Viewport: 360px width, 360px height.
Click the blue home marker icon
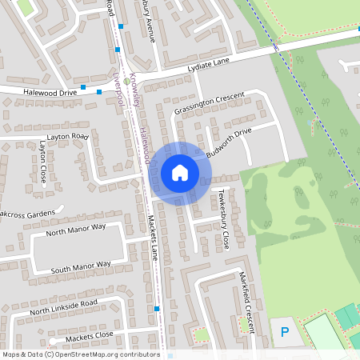click(x=179, y=172)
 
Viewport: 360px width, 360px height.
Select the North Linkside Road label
click(x=63, y=306)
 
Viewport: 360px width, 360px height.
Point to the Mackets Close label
click(x=90, y=336)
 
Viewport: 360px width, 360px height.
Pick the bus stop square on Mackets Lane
click(x=158, y=308)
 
